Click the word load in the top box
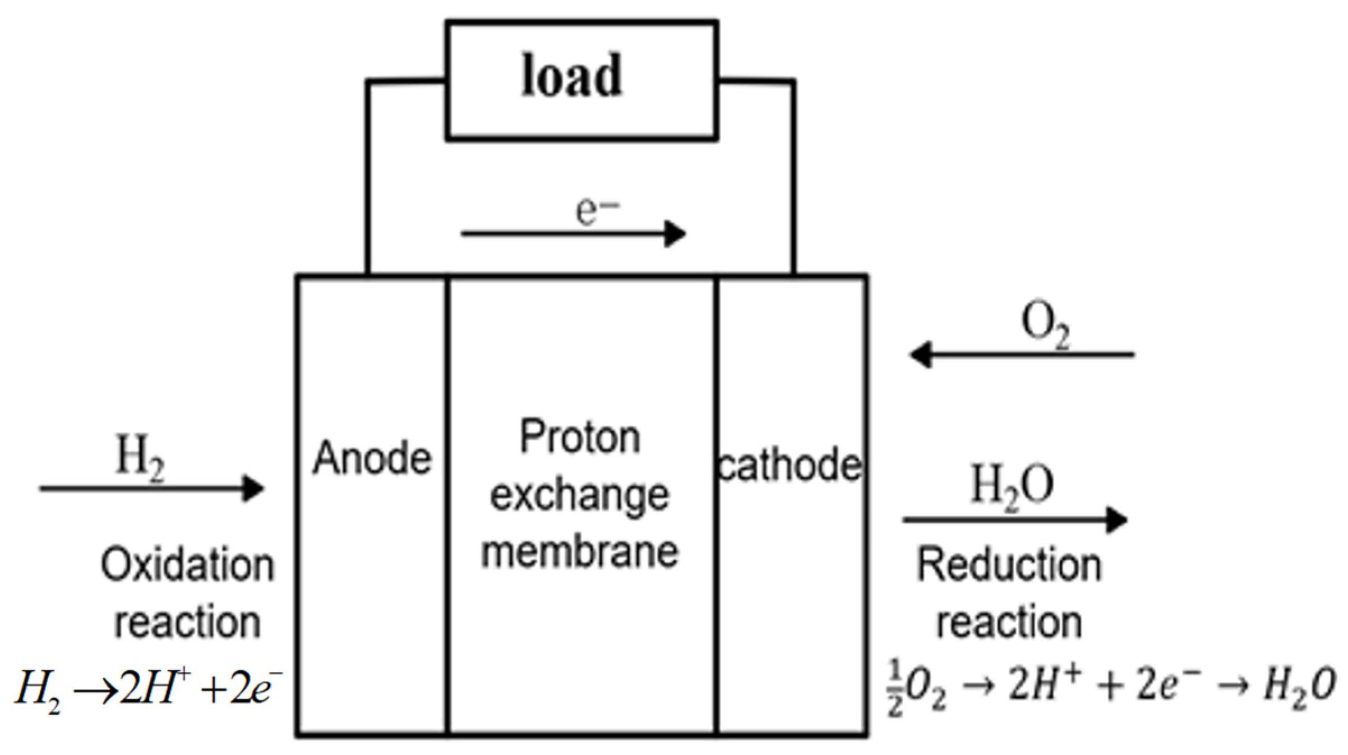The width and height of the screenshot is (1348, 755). [x=572, y=76]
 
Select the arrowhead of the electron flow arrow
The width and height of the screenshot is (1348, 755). [x=676, y=233]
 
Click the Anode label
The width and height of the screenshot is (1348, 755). [x=372, y=458]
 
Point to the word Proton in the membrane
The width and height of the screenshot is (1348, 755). [x=580, y=437]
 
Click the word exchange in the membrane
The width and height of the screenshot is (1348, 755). [x=580, y=496]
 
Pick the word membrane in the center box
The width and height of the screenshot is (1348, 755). [x=580, y=552]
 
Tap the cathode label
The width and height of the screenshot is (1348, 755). [x=790, y=465]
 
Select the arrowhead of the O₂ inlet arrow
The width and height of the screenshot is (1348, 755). [x=920, y=355]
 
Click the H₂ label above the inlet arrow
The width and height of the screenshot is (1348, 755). [x=140, y=457]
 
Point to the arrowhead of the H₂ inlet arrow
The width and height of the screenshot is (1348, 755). [x=253, y=488]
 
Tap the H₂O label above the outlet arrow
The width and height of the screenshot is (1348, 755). [x=1012, y=485]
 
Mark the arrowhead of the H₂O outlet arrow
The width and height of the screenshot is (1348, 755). [x=1116, y=519]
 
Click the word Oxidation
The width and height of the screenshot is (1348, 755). [x=187, y=565]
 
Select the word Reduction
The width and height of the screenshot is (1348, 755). [x=1009, y=565]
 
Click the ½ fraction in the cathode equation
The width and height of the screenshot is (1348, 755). [x=895, y=688]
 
